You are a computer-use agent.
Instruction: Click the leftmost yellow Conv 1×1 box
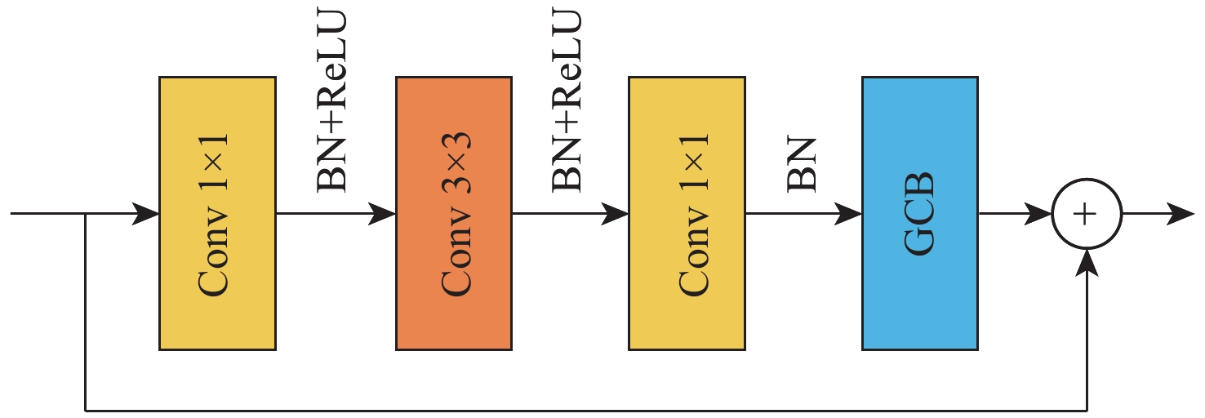pos(217,214)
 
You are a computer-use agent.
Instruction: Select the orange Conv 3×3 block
pos(454,214)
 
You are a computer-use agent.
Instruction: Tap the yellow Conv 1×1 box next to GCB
pos(687,214)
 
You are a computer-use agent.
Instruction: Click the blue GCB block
pos(920,214)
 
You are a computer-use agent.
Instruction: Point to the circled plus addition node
pos(1087,214)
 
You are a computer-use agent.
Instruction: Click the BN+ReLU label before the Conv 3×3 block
pos(331,100)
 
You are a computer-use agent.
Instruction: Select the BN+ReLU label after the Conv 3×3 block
pos(567,100)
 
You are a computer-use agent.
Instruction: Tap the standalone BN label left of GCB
pos(802,165)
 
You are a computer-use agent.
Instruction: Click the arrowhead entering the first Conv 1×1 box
pos(146,214)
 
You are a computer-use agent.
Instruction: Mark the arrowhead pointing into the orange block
pos(382,214)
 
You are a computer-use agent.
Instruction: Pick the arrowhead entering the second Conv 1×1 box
pos(615,214)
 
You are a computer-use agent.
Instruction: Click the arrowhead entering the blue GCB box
pos(848,214)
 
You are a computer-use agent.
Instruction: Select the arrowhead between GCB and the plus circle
pos(1038,214)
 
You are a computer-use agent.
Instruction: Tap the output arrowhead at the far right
pos(1181,214)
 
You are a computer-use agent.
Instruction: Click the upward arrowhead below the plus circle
pos(1087,263)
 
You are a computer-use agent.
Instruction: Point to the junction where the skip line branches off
pos(86,214)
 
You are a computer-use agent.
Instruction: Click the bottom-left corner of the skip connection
pos(86,411)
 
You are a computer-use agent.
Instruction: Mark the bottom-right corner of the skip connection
pos(1087,411)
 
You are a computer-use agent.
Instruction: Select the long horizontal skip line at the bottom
pos(586,411)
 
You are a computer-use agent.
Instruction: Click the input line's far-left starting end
pos(11,214)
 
